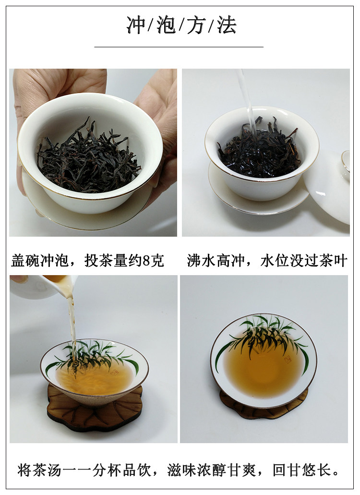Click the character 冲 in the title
pyautogui.click(x=136, y=25)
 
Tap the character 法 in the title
pyautogui.click(x=227, y=25)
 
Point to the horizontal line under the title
pyautogui.click(x=179, y=47)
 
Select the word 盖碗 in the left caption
pyautogui.click(x=25, y=261)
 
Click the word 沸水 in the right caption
pyautogui.click(x=201, y=261)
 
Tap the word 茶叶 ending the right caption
pyautogui.click(x=333, y=261)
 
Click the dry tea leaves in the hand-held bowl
pyautogui.click(x=89, y=158)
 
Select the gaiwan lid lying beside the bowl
pyautogui.click(x=328, y=186)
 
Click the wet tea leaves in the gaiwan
pyautogui.click(x=259, y=150)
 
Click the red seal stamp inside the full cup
pyautogui.click(x=288, y=360)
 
